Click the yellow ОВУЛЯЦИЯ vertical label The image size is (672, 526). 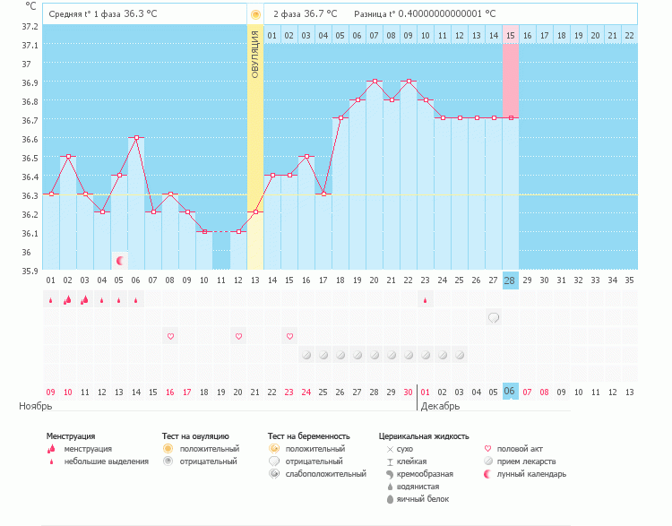coord(255,54)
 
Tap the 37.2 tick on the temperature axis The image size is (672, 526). coord(30,26)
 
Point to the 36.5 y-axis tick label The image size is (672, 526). coord(30,158)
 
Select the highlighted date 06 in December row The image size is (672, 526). coord(511,392)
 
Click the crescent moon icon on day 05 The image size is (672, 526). coord(119,261)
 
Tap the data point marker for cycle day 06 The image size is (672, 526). coord(136,137)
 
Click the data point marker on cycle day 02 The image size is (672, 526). coord(68,156)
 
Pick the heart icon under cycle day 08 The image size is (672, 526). coord(170,336)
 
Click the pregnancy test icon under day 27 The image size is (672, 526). coord(494,317)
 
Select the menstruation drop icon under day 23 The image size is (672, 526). coord(426,299)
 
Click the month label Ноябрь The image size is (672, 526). coord(37,406)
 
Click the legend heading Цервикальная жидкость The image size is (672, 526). coord(424,436)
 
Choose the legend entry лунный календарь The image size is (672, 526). coord(531,474)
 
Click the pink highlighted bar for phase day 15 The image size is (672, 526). coord(511,81)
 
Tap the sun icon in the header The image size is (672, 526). coord(256,14)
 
